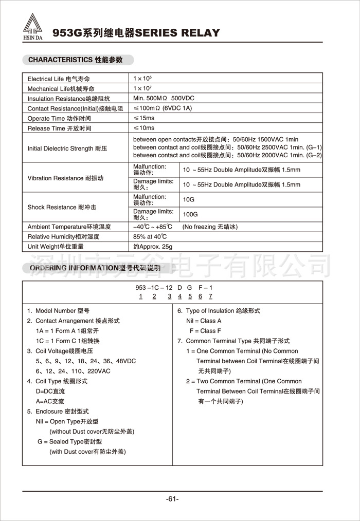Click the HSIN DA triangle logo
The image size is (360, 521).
point(33,26)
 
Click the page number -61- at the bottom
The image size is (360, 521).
point(172,499)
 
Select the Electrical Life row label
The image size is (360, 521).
point(62,79)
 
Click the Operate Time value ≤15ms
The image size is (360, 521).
point(144,118)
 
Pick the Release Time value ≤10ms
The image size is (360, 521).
point(144,128)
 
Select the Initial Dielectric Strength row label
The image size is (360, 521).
point(67,148)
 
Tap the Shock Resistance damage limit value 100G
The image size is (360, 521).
point(191,214)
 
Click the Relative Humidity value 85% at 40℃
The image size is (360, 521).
point(150,237)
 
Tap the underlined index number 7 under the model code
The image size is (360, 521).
point(210,296)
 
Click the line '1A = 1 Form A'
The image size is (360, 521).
point(67,331)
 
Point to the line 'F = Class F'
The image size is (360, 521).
point(205,331)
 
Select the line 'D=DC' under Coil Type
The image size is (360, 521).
point(50,391)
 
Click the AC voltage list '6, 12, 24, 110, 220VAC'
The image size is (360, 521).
point(73,371)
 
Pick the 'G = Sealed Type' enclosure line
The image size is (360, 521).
point(69,441)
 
